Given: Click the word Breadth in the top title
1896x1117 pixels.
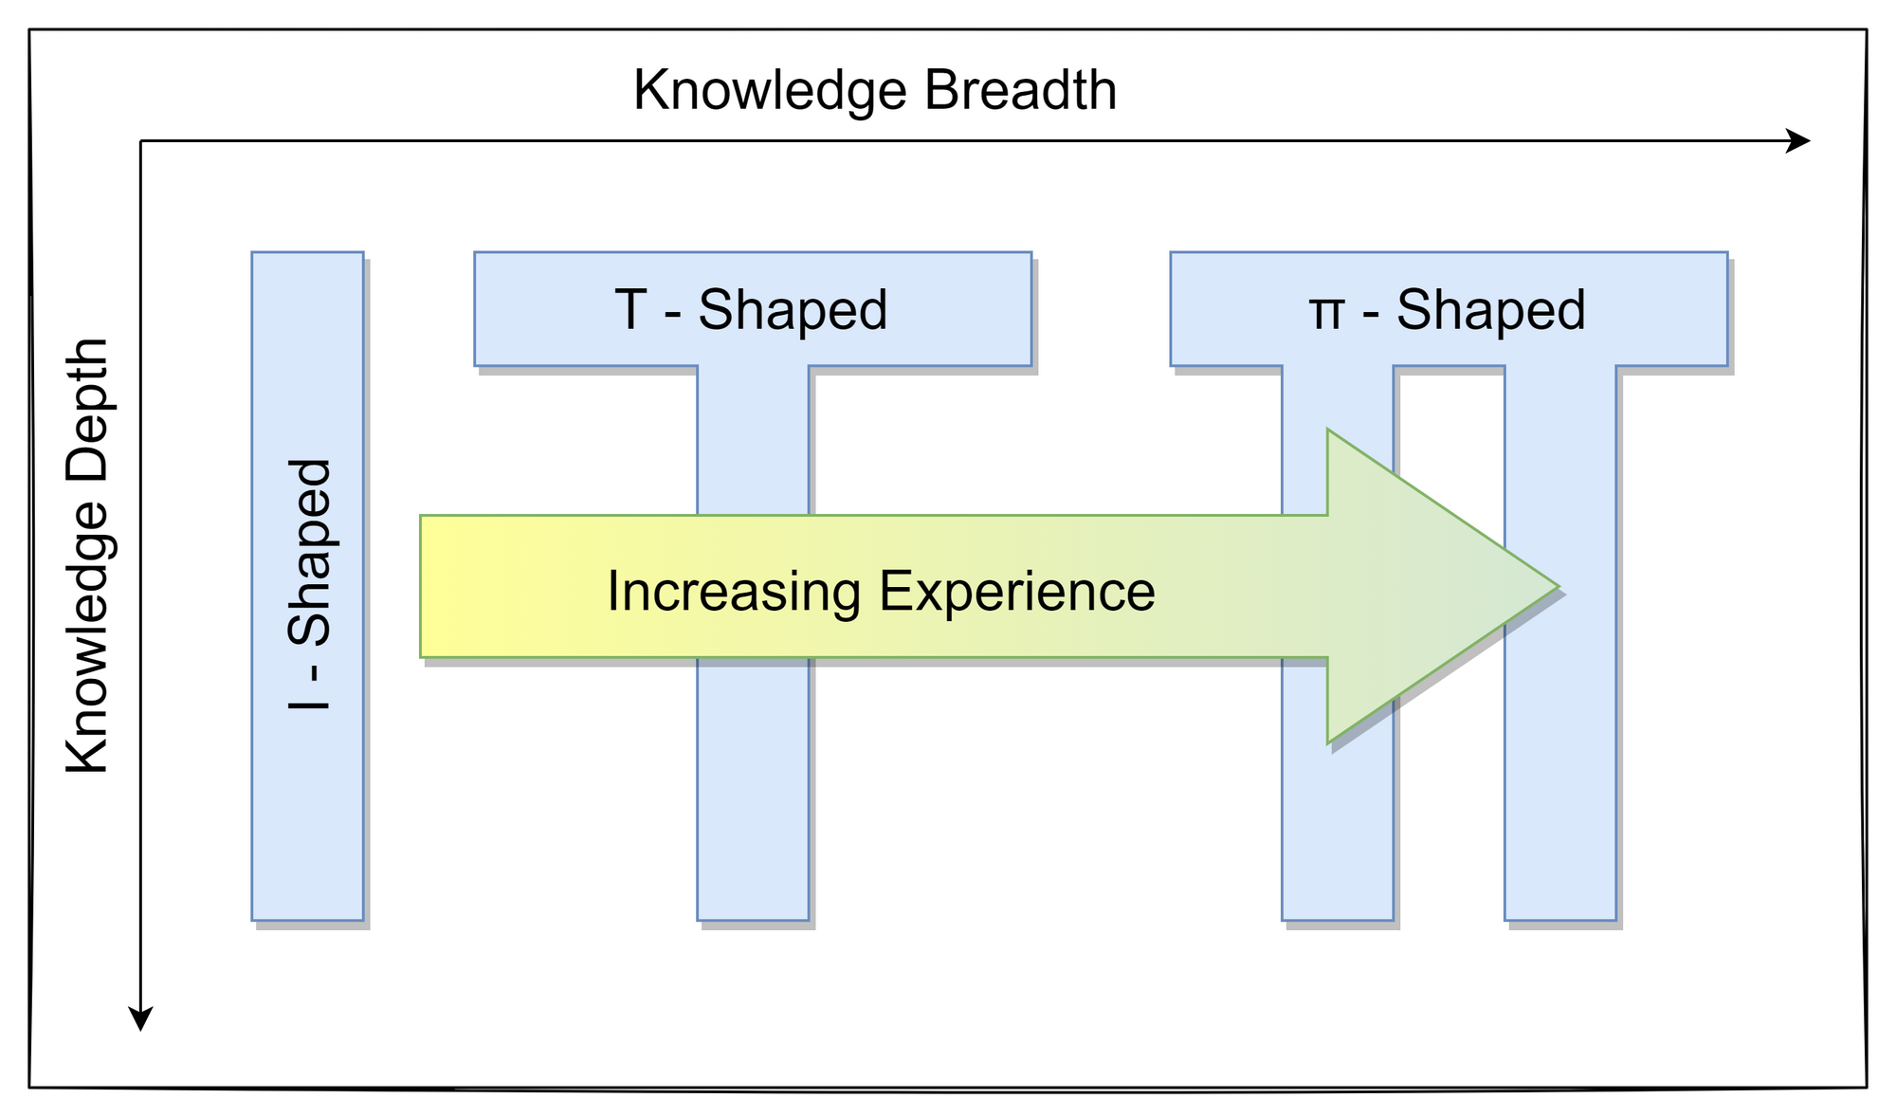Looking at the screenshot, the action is tap(1020, 90).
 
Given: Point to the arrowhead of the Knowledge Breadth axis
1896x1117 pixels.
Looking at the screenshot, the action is tap(1798, 141).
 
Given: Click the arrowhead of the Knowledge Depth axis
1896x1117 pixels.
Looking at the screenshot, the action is tap(140, 1019).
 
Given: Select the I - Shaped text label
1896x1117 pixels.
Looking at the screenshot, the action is tap(309, 585).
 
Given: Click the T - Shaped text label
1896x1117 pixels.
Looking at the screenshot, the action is tap(751, 310).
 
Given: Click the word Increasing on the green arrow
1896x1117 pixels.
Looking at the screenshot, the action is tap(734, 592).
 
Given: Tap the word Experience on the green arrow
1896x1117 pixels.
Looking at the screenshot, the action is tap(1017, 592).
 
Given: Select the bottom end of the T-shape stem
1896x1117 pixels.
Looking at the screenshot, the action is tap(754, 919).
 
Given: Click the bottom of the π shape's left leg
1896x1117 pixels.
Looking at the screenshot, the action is tap(1338, 919).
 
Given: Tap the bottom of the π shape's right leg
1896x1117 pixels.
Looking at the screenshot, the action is tap(1560, 919).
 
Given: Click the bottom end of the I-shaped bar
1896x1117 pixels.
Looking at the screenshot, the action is tap(308, 919).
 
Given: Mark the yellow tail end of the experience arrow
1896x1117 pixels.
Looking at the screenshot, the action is tap(422, 587).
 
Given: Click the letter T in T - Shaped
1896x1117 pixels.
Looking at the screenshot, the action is tap(630, 309).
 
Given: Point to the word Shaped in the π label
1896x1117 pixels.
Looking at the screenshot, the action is tap(1490, 311).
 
